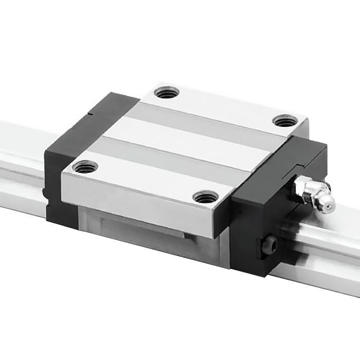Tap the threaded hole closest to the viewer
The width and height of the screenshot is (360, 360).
coord(205,196)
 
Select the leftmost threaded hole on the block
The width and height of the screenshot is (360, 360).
coord(85,167)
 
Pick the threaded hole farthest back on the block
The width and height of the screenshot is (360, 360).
coord(167,93)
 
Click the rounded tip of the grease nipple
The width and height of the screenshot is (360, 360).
coord(327,205)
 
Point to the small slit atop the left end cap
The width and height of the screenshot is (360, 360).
coord(92,110)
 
